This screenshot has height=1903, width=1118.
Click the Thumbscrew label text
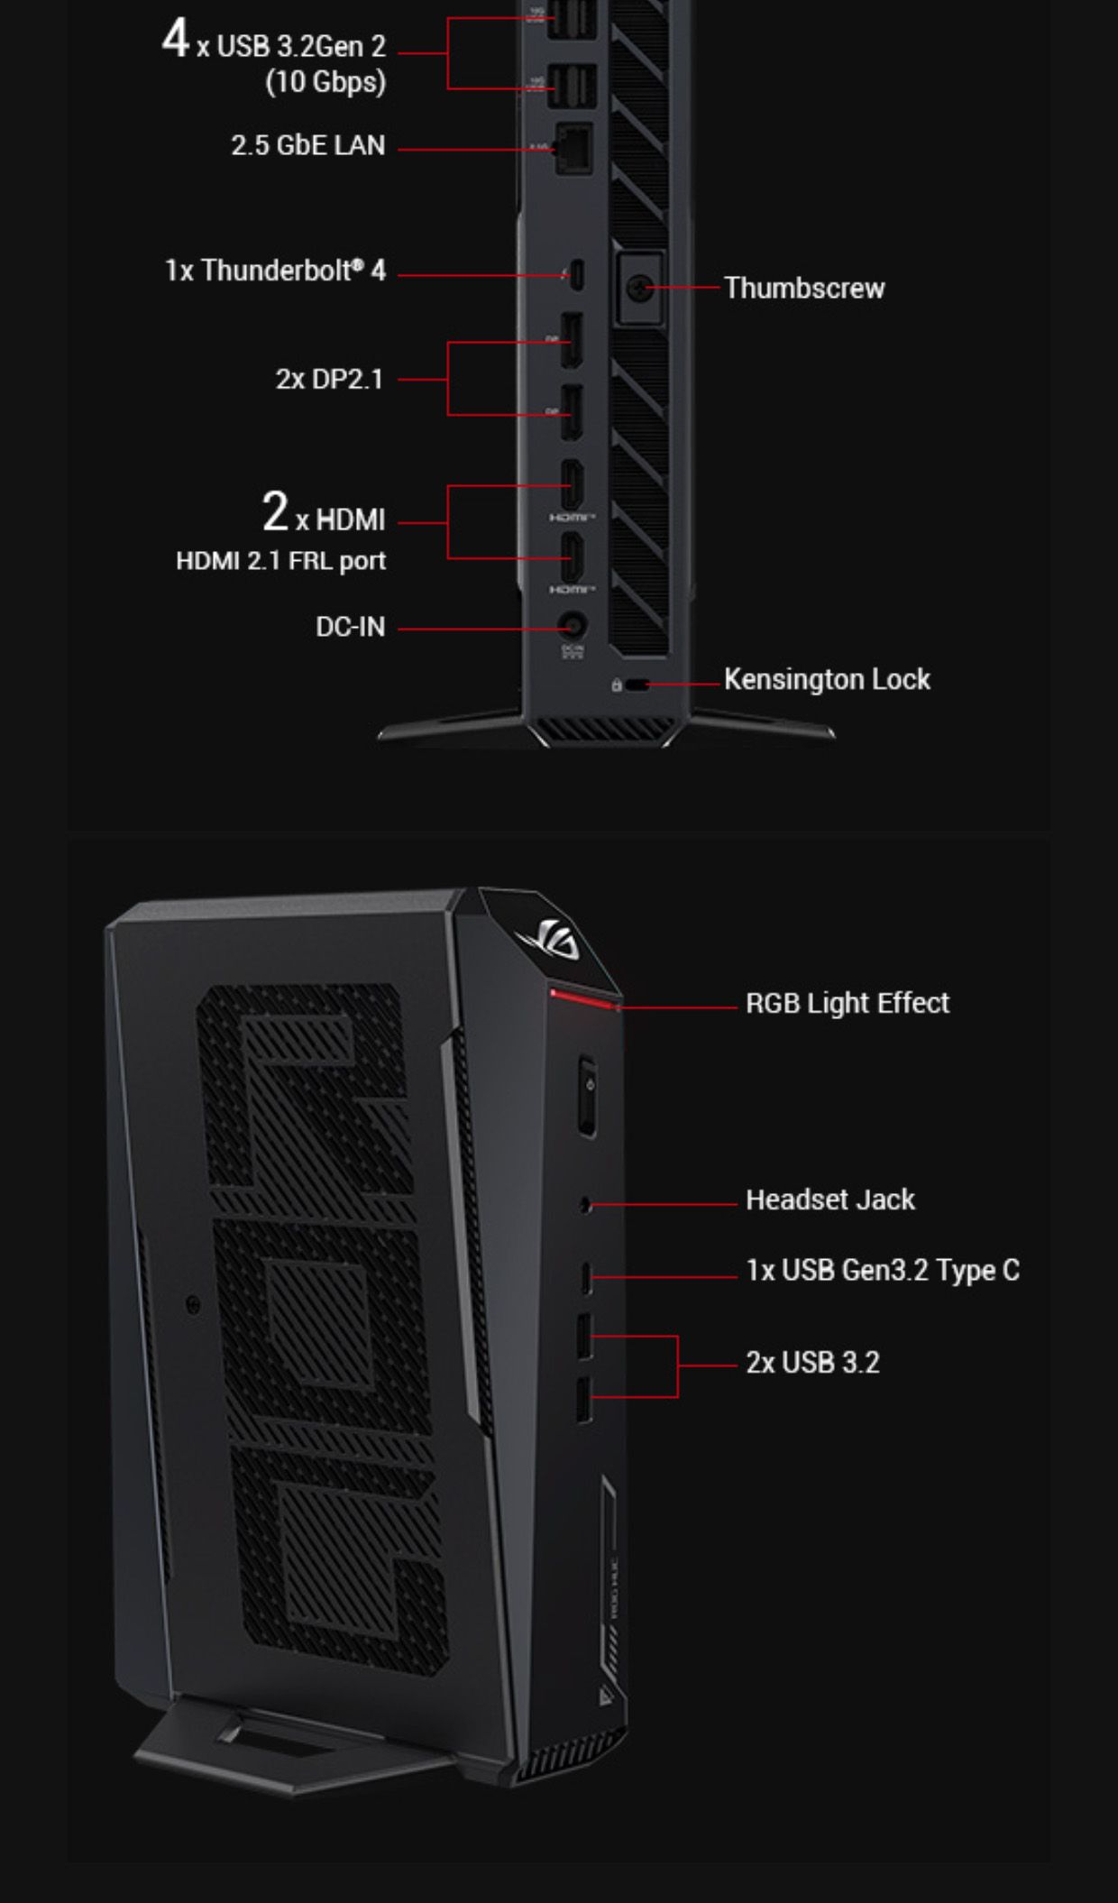coord(804,289)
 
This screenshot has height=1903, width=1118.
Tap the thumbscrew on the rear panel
coord(639,289)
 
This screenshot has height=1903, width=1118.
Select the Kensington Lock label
coord(827,679)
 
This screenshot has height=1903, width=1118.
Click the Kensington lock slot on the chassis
coord(637,685)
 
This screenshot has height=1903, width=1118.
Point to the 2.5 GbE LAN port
coord(573,147)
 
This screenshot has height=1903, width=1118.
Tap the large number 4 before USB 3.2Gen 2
coord(175,40)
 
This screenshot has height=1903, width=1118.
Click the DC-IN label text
coord(350,627)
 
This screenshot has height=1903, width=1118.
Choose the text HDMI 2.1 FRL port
coord(280,561)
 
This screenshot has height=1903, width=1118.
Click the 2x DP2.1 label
coord(329,380)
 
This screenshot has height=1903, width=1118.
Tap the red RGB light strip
coord(584,998)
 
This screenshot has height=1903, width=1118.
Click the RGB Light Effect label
coord(847,1003)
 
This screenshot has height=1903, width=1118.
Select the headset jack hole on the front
coord(586,1203)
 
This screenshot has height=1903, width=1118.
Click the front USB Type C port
coord(586,1276)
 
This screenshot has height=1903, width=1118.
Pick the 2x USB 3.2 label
coord(811,1363)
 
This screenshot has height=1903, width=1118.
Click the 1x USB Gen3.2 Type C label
coord(882,1271)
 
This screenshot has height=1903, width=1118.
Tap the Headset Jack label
coord(829,1200)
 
